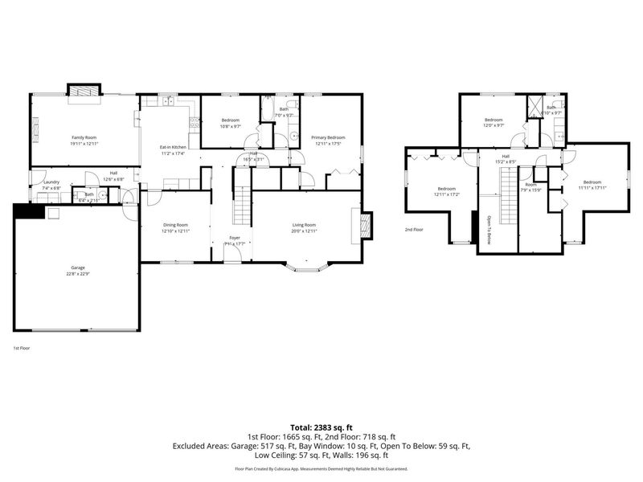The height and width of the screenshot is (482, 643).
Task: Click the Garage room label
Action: pos(77,268)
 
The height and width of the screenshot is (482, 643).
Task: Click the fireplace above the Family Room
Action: pos(84,91)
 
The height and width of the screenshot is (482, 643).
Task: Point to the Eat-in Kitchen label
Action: pos(173,148)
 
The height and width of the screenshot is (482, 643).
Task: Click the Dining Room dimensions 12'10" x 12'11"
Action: pos(176,231)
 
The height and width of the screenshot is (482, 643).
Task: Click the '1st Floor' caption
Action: pos(21,348)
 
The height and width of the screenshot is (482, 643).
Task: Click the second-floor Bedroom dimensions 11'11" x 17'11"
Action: pos(592,187)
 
